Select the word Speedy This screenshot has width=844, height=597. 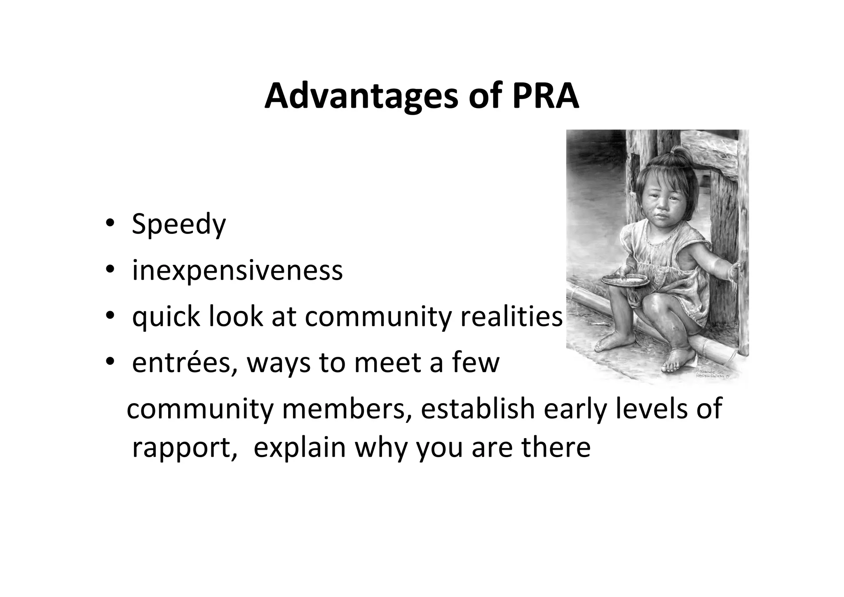[x=178, y=224]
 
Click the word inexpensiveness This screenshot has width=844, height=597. [x=237, y=271]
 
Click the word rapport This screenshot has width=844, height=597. [x=184, y=448]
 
